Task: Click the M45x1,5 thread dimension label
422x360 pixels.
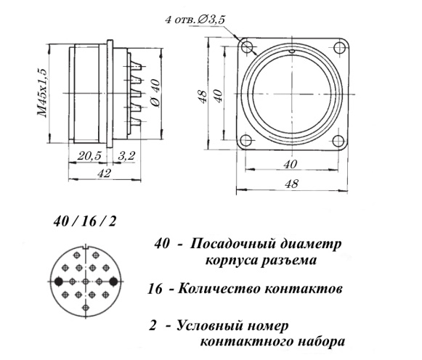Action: pyautogui.click(x=42, y=93)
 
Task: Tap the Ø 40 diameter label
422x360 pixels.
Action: pyautogui.click(x=155, y=93)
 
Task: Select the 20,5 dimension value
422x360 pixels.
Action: pyautogui.click(x=89, y=155)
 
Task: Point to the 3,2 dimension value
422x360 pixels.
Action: pyautogui.click(x=126, y=155)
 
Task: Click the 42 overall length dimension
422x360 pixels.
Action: pyautogui.click(x=104, y=173)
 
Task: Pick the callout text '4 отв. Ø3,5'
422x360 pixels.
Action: pyautogui.click(x=195, y=20)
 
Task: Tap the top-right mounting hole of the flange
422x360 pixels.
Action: pyautogui.click(x=339, y=47)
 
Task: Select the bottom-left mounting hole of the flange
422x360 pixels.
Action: pyautogui.click(x=246, y=140)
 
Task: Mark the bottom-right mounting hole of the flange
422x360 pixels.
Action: pyautogui.click(x=338, y=140)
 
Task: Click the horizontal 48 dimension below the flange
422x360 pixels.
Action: pyautogui.click(x=292, y=184)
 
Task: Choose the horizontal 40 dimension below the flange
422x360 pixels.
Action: pyautogui.click(x=291, y=164)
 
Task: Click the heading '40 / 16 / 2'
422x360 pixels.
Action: pyautogui.click(x=85, y=221)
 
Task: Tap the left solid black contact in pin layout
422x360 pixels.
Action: pyautogui.click(x=58, y=282)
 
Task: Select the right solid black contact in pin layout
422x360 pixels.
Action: pyautogui.click(x=113, y=282)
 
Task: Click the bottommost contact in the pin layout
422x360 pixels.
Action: pyautogui.click(x=86, y=308)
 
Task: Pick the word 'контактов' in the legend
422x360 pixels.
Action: pyautogui.click(x=304, y=289)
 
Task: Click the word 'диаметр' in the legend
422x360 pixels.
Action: pyautogui.click(x=311, y=245)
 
